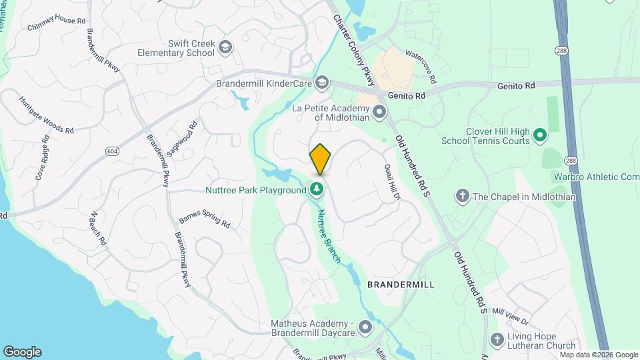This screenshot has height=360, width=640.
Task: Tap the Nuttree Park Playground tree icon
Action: coord(317,190)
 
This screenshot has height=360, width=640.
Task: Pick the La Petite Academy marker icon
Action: coord(379,111)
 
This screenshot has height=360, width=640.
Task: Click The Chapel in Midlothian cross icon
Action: coord(462,196)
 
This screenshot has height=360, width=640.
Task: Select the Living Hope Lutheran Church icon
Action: coord(497,340)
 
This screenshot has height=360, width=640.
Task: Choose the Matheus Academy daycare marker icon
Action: coord(365,327)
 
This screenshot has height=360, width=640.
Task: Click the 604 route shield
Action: coord(111,152)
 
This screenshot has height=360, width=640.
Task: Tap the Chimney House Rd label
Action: coord(57,25)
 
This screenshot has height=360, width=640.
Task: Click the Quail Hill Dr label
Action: coord(391,182)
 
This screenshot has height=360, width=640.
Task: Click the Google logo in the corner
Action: coord(22,351)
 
